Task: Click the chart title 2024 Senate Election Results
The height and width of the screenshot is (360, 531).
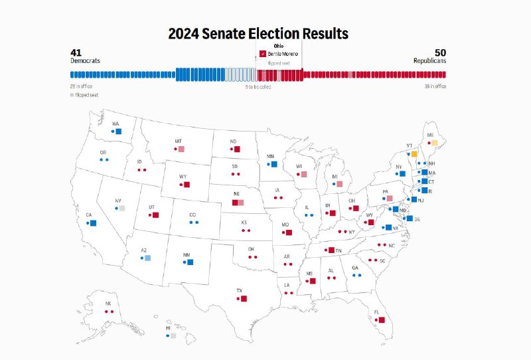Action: pyautogui.click(x=258, y=33)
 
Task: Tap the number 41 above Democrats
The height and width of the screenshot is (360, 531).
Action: pyautogui.click(x=76, y=52)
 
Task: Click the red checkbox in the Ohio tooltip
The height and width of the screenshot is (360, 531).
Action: pyautogui.click(x=263, y=54)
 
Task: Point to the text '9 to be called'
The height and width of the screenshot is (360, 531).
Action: pyautogui.click(x=258, y=86)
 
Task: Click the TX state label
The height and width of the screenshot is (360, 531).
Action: pyautogui.click(x=239, y=290)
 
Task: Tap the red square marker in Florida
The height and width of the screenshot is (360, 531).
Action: pyautogui.click(x=382, y=320)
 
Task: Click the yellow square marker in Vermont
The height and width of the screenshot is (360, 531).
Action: pyautogui.click(x=414, y=154)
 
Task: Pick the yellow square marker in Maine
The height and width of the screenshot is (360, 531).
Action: pyautogui.click(x=435, y=142)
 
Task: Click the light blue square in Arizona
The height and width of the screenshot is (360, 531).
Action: pyautogui.click(x=147, y=258)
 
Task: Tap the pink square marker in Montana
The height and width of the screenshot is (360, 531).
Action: pyautogui.click(x=181, y=149)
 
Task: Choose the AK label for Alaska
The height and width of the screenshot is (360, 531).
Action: pyautogui.click(x=108, y=304)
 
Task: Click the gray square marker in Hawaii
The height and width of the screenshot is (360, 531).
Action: pyautogui.click(x=173, y=336)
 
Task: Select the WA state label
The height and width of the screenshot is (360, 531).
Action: pyautogui.click(x=115, y=124)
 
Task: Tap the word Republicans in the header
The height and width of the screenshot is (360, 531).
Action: pyautogui.click(x=429, y=60)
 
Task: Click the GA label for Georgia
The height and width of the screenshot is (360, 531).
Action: pyautogui.click(x=355, y=268)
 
